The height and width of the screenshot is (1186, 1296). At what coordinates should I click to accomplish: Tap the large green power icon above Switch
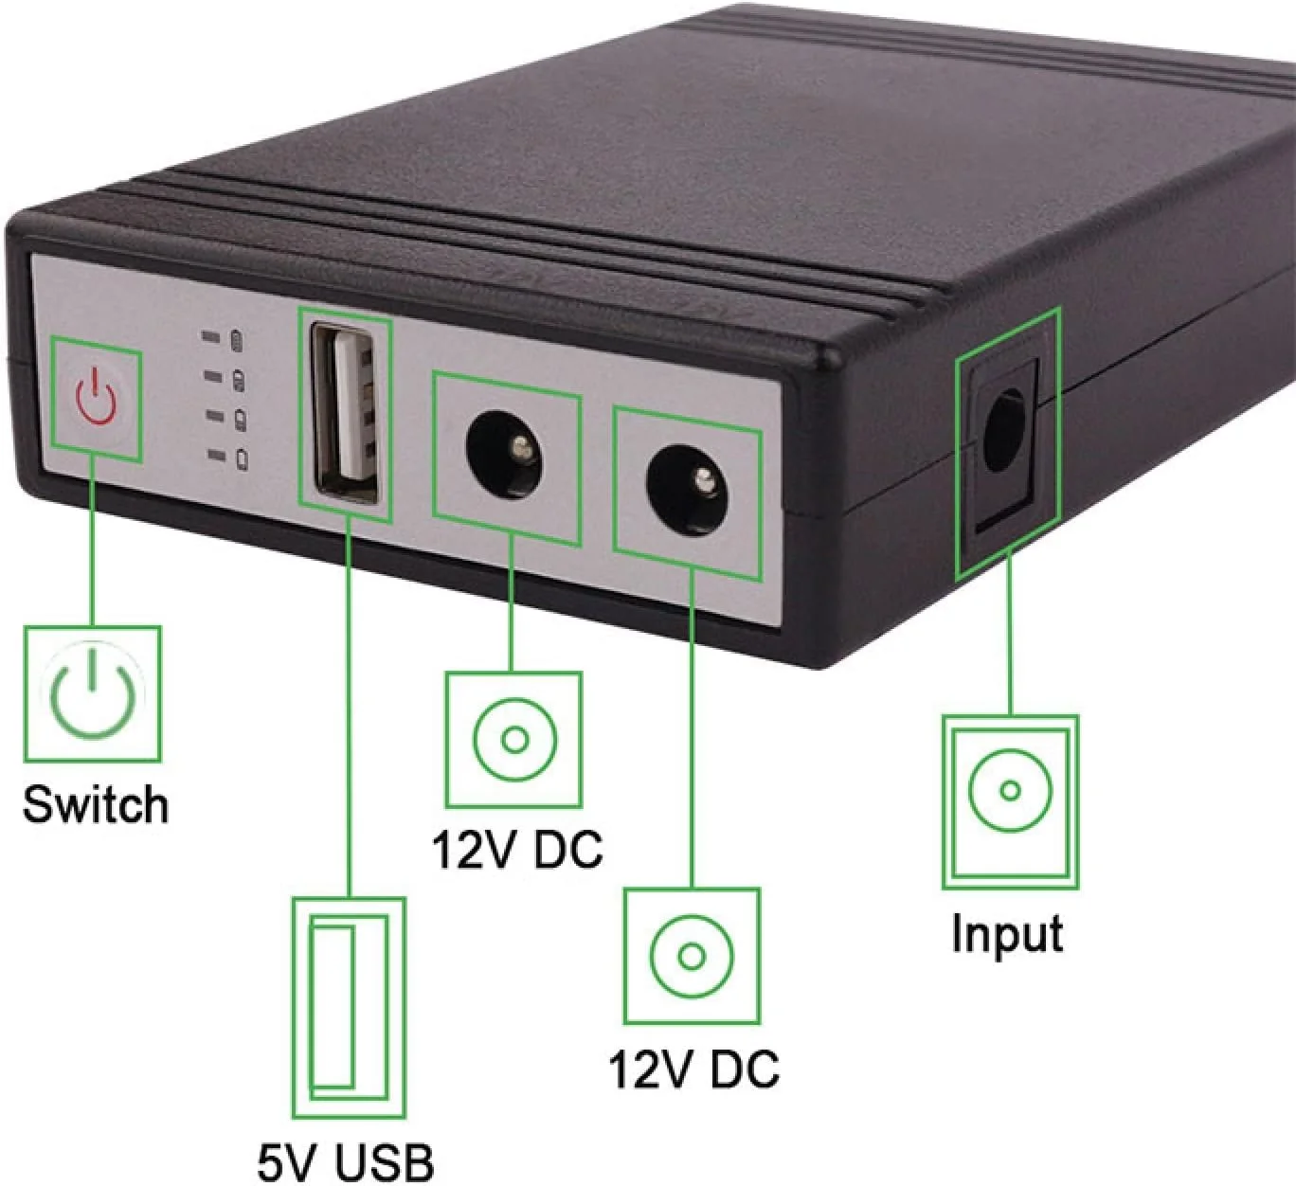tap(92, 693)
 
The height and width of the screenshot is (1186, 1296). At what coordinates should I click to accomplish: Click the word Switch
tap(96, 805)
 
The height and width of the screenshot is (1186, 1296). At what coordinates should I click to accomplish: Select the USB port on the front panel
tap(347, 414)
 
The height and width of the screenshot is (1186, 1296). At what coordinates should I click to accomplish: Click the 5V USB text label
tap(346, 1161)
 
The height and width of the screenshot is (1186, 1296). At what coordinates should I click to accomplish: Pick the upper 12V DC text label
tap(517, 849)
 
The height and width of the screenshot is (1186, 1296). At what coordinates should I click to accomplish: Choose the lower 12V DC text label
tap(693, 1069)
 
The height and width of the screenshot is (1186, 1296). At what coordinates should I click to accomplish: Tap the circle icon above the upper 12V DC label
tap(514, 740)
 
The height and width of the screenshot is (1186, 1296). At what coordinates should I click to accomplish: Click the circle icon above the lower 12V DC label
tap(692, 956)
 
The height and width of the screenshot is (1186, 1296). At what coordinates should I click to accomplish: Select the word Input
tap(1007, 933)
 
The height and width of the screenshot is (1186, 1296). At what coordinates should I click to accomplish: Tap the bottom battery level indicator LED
tap(218, 457)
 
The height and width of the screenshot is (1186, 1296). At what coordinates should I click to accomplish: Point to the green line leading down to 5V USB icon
tap(350, 710)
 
